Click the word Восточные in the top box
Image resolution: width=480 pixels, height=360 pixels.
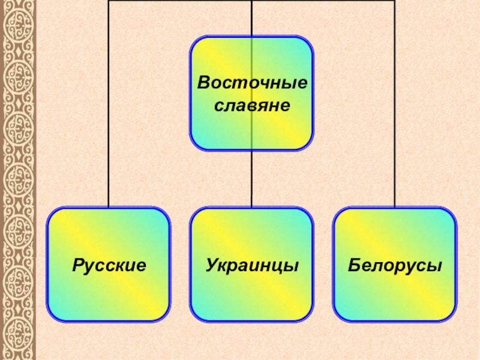click(252, 82)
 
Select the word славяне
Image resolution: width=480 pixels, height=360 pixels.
click(252, 105)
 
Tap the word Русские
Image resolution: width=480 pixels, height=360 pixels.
click(109, 264)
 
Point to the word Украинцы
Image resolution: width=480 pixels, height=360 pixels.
click(252, 264)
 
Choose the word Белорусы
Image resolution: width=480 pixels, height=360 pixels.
click(395, 264)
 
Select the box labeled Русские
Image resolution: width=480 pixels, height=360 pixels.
click(109, 300)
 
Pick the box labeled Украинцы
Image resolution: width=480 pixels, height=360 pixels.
click(252, 300)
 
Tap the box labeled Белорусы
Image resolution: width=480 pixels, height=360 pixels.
click(395, 300)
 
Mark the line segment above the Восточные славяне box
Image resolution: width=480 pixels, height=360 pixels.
click(252, 18)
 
